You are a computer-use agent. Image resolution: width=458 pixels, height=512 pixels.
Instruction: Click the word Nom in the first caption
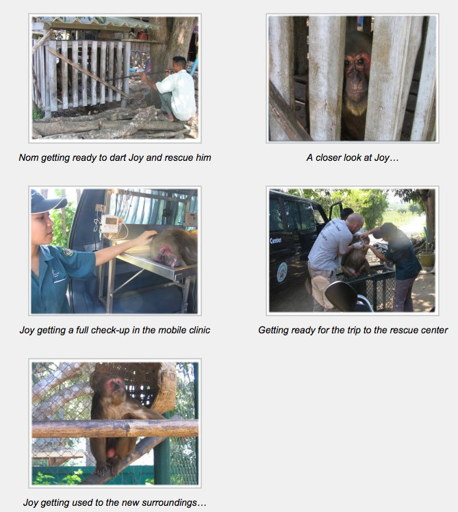pos(25,157)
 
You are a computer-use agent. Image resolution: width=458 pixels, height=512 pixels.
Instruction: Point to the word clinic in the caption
pos(199,330)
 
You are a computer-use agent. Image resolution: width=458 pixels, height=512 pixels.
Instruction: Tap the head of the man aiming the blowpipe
pos(179,64)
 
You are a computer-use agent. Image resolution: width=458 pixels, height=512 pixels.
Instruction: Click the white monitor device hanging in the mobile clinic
pos(110,224)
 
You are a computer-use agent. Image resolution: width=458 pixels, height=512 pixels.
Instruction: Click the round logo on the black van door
pos(282,272)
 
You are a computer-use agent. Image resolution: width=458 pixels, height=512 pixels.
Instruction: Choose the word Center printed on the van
pos(276,241)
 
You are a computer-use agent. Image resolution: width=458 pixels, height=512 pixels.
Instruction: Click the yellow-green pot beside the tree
pos(426,259)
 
